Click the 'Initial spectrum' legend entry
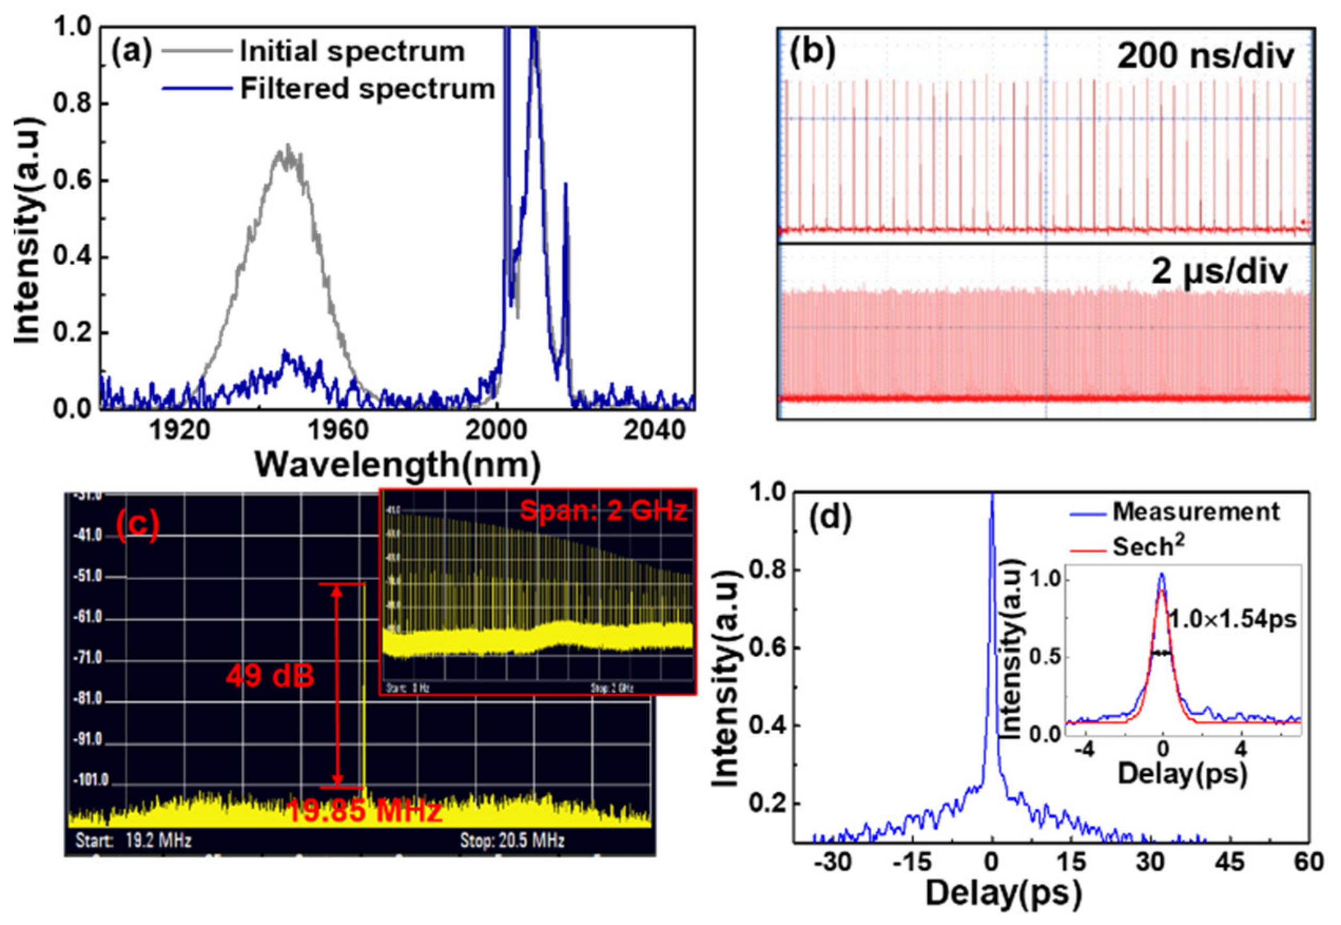pyautogui.click(x=352, y=52)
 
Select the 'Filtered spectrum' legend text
pyautogui.click(x=367, y=89)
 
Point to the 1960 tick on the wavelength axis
pyautogui.click(x=338, y=431)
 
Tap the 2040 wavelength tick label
pyautogui.click(x=654, y=431)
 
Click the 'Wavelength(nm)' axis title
pyautogui.click(x=397, y=464)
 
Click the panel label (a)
pyautogui.click(x=131, y=52)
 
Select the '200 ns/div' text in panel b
pyautogui.click(x=1206, y=57)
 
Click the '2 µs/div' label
pyautogui.click(x=1219, y=271)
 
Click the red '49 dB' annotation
pyautogui.click(x=270, y=676)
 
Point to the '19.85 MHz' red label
pyautogui.click(x=364, y=811)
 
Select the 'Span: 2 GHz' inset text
pyautogui.click(x=603, y=511)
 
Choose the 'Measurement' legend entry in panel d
pyautogui.click(x=1196, y=512)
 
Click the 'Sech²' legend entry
pyautogui.click(x=1148, y=547)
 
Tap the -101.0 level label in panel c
pyautogui.click(x=91, y=781)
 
